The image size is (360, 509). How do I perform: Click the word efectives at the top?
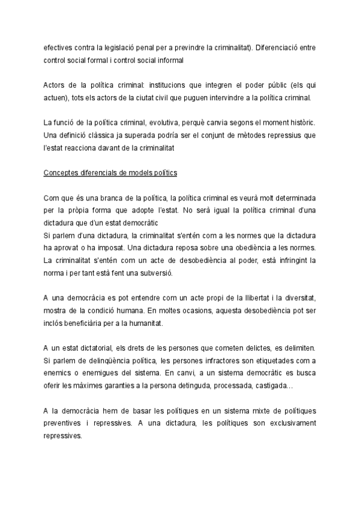(x=58, y=49)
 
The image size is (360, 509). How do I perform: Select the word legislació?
(x=125, y=49)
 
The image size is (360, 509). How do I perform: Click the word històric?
(x=301, y=125)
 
